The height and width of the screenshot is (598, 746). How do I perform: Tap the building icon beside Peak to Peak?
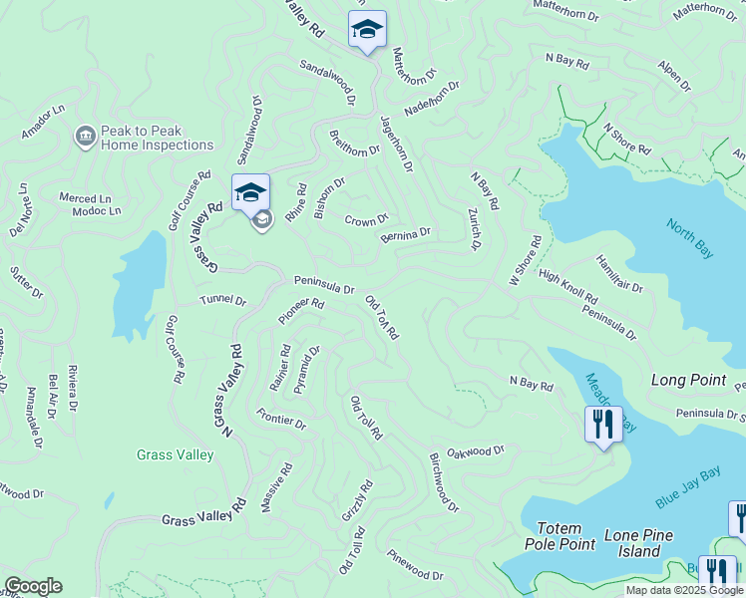coord(85,136)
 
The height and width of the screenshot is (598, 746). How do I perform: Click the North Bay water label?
coord(689,239)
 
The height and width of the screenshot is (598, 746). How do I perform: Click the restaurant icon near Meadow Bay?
coord(603,425)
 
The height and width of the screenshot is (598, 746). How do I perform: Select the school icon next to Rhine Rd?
coord(250,192)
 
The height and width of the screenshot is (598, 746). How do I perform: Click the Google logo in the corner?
coord(33,586)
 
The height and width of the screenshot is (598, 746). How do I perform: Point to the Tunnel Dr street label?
coord(222,299)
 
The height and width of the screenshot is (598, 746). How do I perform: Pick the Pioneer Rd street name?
coord(301,310)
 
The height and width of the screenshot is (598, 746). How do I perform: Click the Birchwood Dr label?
coord(444,480)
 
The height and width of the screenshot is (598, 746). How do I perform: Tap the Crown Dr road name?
coord(366,219)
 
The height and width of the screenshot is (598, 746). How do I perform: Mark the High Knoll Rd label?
coord(567,286)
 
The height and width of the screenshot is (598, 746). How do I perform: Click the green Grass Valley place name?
coord(176,455)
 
